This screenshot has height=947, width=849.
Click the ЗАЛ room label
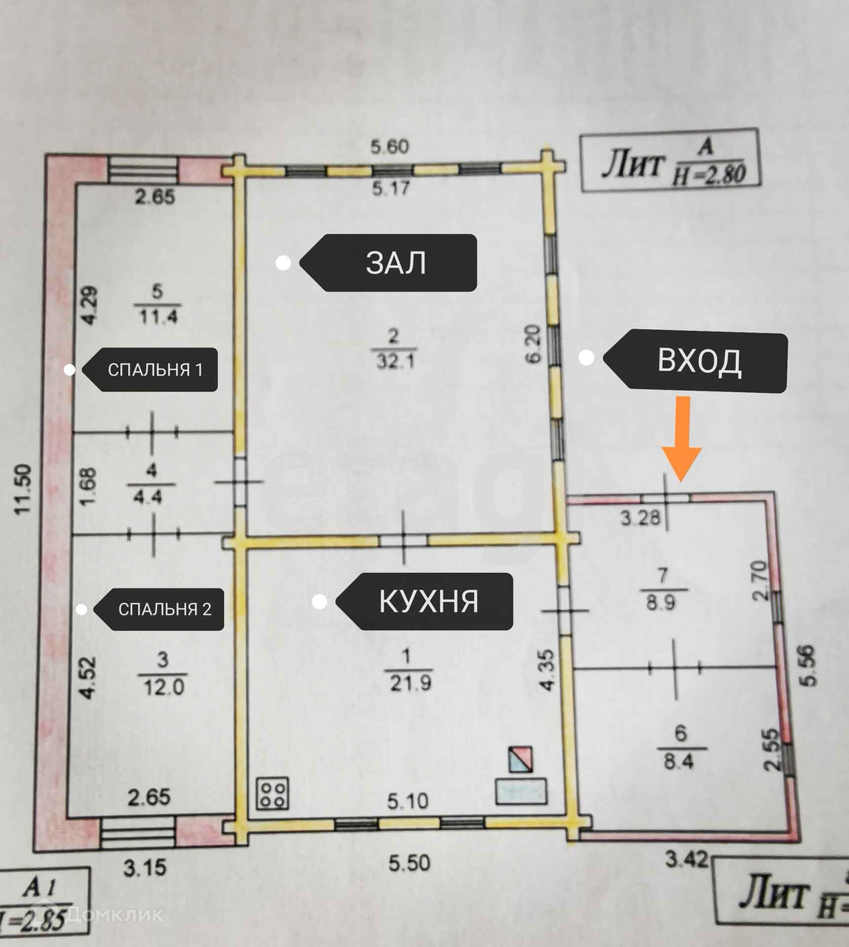tap(395, 263)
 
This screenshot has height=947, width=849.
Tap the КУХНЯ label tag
tap(428, 601)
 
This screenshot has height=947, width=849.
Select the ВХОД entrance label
tap(699, 361)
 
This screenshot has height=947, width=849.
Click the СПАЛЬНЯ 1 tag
tap(155, 370)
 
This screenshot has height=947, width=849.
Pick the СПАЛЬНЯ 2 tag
tap(164, 609)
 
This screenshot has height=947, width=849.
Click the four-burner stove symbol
tap(272, 794)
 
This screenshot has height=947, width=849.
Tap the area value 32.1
tap(395, 362)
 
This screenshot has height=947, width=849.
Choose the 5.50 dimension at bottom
tap(409, 863)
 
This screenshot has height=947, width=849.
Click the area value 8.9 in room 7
tap(661, 603)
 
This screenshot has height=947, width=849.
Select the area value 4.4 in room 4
tap(148, 496)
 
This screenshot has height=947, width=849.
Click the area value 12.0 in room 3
tap(163, 687)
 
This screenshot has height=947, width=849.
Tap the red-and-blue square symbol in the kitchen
tap(520, 759)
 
